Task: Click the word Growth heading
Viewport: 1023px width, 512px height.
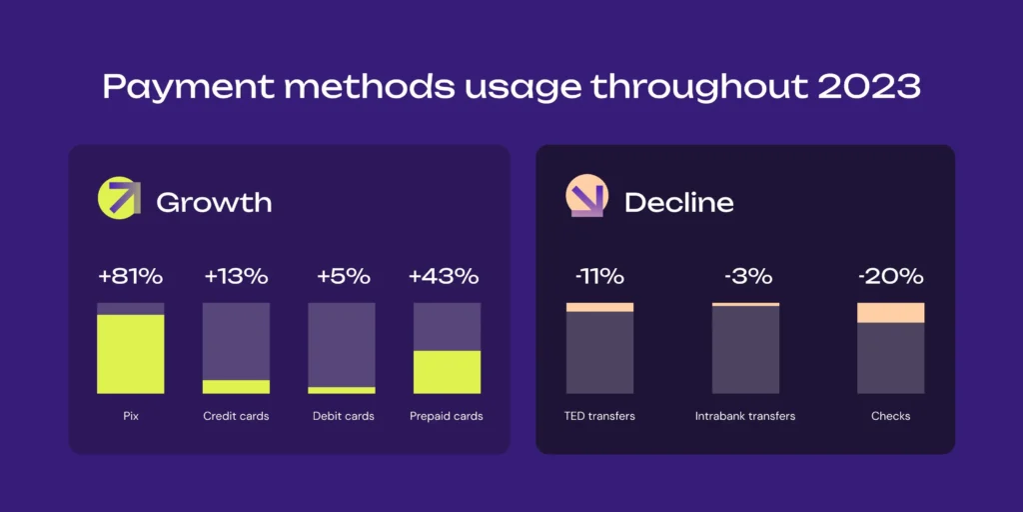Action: point(214,202)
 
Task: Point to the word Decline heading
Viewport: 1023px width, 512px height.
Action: point(678,202)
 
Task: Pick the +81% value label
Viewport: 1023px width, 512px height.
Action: point(130,276)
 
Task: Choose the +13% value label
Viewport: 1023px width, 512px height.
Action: point(236,276)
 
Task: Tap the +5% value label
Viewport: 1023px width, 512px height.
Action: point(342,276)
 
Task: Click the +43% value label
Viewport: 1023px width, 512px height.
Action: point(447,276)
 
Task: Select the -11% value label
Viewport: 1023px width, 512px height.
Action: point(599,276)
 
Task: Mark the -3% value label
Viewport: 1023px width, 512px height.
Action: point(745,276)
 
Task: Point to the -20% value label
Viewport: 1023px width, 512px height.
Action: point(890,276)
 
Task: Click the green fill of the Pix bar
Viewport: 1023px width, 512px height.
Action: point(130,354)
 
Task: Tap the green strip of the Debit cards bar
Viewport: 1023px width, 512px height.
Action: point(342,390)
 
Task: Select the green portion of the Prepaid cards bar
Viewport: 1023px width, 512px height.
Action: point(447,372)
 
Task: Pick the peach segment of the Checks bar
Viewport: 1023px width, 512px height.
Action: point(890,313)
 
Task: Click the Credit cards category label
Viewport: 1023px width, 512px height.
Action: point(236,416)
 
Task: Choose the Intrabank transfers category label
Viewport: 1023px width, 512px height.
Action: point(745,416)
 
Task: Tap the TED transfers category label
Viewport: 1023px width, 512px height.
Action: point(599,416)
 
